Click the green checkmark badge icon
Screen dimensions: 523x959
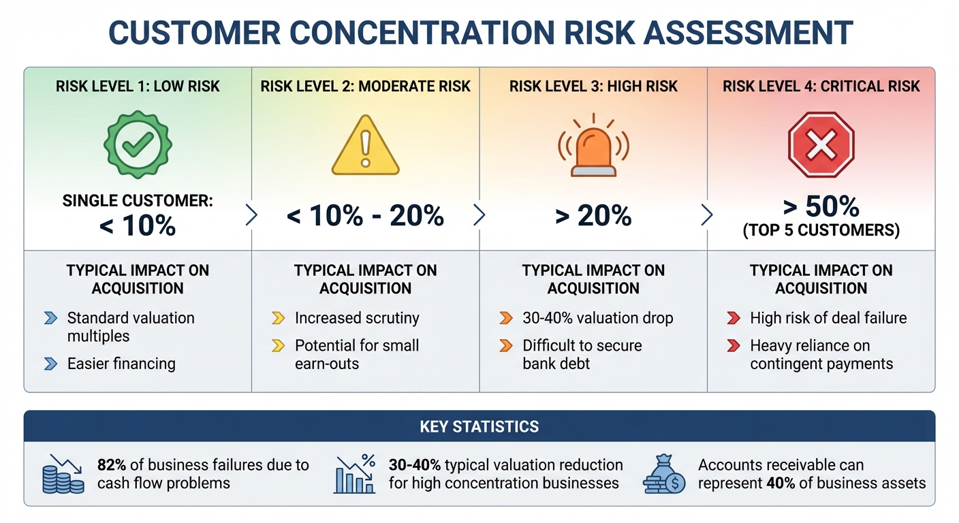(138, 144)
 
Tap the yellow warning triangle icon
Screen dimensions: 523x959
(365, 146)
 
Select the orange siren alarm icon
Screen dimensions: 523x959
(593, 146)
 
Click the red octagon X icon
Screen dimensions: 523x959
(821, 145)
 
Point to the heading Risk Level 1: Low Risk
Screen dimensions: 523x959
(138, 86)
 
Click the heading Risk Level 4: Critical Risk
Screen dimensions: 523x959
(821, 86)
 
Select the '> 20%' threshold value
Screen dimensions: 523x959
(593, 216)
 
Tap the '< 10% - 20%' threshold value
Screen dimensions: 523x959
(365, 216)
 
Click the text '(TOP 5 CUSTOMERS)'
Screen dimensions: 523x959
(821, 232)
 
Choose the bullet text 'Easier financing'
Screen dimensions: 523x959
(121, 364)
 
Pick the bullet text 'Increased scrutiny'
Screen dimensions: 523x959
(357, 318)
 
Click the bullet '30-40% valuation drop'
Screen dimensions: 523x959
(597, 318)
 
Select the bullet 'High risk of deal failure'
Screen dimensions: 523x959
(828, 318)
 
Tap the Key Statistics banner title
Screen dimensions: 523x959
(479, 427)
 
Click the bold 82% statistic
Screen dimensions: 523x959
(112, 465)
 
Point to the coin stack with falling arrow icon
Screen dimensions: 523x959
(63, 474)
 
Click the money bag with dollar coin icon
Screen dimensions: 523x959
(664, 474)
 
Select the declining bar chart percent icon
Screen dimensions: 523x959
(354, 474)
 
